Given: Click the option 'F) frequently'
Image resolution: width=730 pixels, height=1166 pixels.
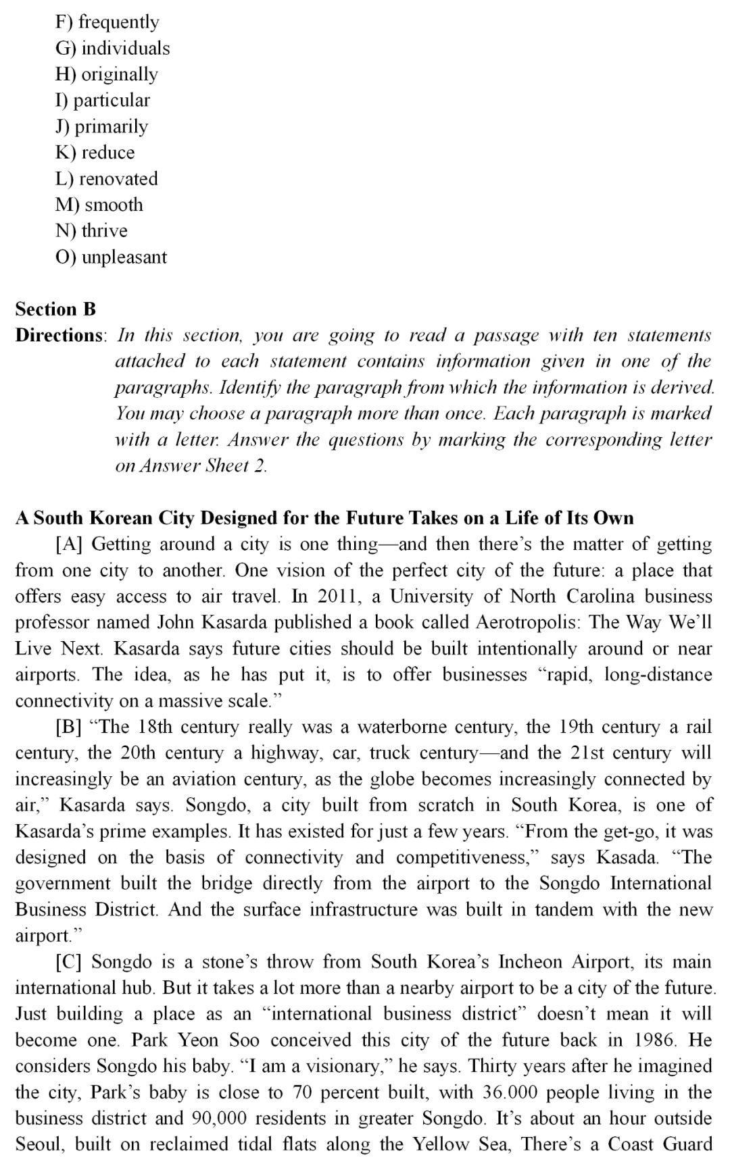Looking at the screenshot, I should [107, 22].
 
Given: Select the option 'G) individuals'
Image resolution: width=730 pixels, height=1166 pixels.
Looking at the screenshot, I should [112, 49].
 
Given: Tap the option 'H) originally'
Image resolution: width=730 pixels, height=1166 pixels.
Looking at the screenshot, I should [106, 74].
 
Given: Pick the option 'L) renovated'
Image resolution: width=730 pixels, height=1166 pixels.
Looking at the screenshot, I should [106, 179].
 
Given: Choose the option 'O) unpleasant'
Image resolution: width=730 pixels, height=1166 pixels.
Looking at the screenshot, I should [111, 257].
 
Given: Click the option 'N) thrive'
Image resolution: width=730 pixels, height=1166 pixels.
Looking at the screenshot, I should [91, 231].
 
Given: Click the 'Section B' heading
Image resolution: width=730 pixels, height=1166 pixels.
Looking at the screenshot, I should [55, 309].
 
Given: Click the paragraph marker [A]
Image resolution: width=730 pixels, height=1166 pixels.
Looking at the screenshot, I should [69, 544].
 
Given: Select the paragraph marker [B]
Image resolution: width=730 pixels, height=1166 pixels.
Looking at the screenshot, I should [69, 728].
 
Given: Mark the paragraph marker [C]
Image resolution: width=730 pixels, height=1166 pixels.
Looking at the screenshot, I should [69, 962].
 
